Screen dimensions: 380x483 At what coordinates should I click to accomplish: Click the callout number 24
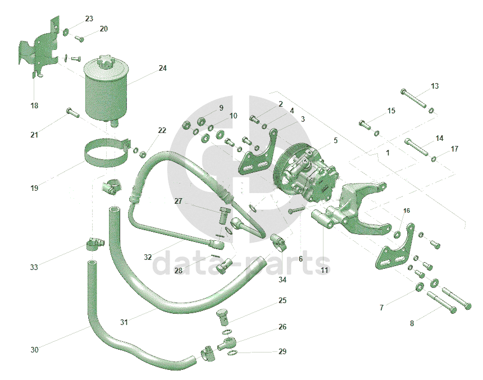[x=162, y=68]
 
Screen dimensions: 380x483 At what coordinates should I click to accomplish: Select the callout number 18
[x=34, y=106]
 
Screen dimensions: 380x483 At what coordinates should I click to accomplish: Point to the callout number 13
[x=435, y=86]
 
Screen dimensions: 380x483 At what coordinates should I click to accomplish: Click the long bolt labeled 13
[x=414, y=98]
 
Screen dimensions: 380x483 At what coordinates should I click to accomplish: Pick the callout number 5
[x=335, y=140]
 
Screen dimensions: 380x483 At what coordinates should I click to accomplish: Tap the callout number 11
[x=324, y=271]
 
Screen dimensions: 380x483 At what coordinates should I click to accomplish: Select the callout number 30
[x=34, y=350]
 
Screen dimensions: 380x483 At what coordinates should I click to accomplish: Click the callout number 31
[x=124, y=322]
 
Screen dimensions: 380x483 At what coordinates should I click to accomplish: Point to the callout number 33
[x=34, y=267]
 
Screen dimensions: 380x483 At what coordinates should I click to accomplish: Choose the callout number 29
[x=282, y=351]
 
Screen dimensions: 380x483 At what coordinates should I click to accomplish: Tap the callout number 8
[x=412, y=323]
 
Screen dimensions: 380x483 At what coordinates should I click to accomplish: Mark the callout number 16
[x=407, y=210]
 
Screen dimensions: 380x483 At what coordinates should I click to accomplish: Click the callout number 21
[x=34, y=135]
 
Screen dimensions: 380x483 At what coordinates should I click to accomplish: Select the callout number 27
[x=178, y=201]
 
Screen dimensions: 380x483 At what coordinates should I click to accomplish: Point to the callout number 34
[x=282, y=279]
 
